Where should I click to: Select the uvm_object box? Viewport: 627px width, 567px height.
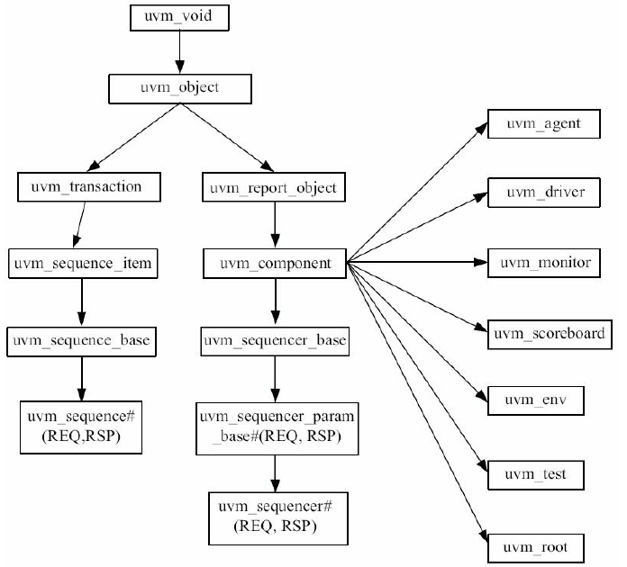[x=180, y=89]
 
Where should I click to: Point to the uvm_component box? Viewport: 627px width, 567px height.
[x=271, y=265]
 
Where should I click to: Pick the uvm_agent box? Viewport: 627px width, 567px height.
[x=544, y=125]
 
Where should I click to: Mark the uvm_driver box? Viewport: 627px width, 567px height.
[x=544, y=192]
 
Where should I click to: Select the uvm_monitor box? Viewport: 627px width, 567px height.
[x=544, y=263]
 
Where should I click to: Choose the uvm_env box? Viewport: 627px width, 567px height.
[x=544, y=398]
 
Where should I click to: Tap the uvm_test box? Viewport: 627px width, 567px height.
[x=544, y=472]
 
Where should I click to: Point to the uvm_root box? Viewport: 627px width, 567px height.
[x=544, y=546]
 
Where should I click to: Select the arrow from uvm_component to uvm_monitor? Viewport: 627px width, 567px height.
[x=414, y=263]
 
